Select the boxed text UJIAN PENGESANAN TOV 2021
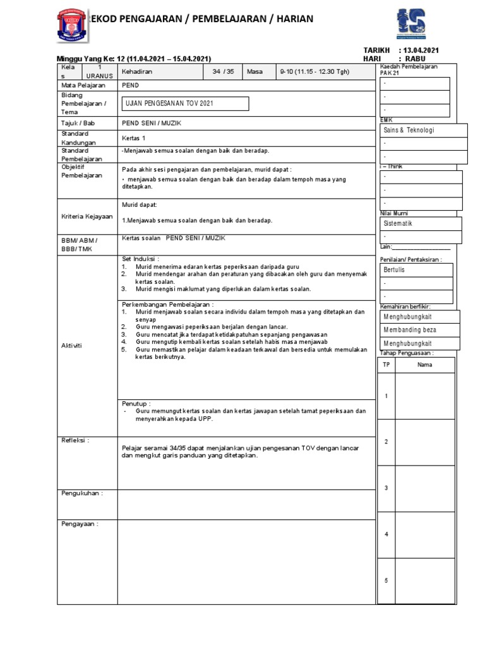pos(185,103)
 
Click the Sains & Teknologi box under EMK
pos(423,130)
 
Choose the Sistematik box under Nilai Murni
pos(420,224)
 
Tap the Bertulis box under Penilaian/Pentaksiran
pos(416,269)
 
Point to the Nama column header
pos(424,365)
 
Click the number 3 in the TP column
pos(386,488)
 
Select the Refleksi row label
pos(75,440)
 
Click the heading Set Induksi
pos(140,259)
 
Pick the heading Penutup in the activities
pos(136,402)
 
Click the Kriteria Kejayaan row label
pos(87,216)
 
